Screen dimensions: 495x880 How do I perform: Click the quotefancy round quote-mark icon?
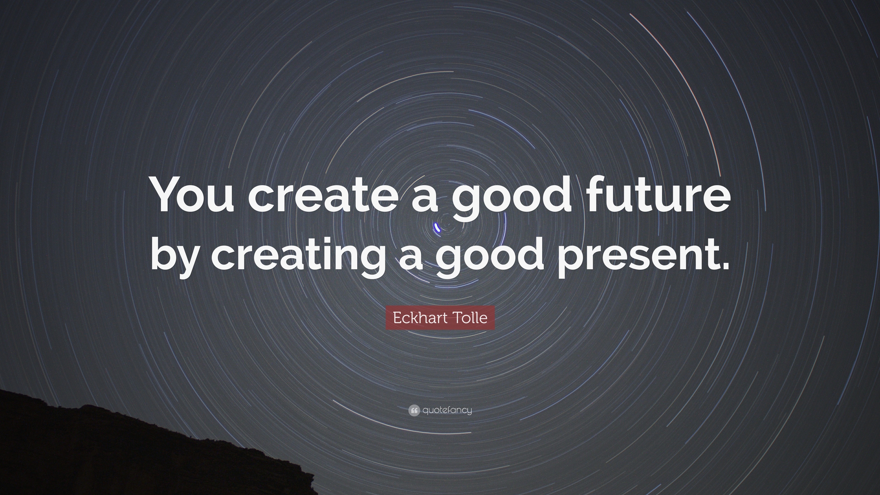pos(414,410)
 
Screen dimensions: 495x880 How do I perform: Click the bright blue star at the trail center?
pos(437,228)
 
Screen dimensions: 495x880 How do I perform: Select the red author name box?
pos(440,318)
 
